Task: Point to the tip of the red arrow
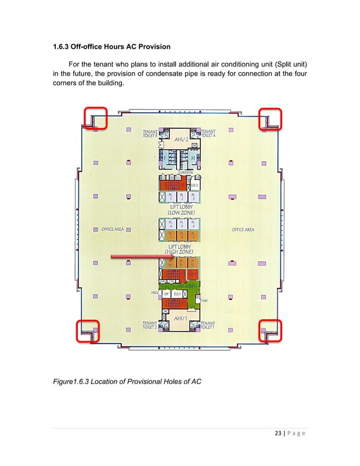[169, 258]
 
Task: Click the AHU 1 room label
[180, 318]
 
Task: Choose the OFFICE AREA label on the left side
[112, 230]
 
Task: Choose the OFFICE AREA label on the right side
[243, 230]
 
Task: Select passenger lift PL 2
[181, 197]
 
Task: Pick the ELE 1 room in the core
[177, 294]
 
